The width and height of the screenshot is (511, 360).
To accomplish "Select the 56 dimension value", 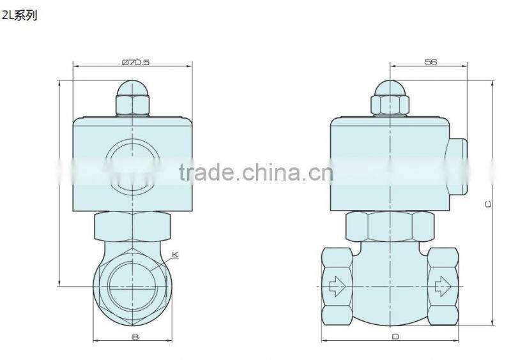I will coord(429,63).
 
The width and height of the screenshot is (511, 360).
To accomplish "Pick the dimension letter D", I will coord(394,338).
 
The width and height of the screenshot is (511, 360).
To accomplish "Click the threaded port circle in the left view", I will coord(132,281).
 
